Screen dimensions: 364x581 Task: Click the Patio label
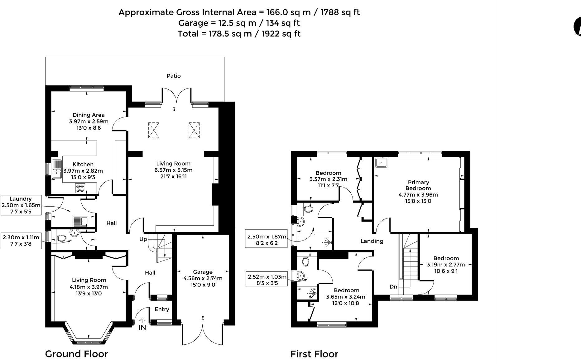pos(174,76)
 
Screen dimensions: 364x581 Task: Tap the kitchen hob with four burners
pos(80,188)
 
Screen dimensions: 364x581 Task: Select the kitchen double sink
pos(57,169)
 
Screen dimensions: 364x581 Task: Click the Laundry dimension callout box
pos(21,205)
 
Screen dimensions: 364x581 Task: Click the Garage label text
pos(203,272)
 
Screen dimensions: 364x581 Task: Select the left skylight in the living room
pos(153,130)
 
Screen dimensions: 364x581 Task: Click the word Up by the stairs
pos(143,239)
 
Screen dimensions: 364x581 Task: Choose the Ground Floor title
pos(76,354)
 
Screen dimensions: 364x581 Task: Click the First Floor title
pos(314,354)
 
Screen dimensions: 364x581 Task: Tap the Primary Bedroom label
pos(418,185)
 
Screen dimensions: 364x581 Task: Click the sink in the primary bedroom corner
pos(381,162)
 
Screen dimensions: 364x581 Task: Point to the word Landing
pos(372,241)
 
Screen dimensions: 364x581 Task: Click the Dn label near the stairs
pos(393,286)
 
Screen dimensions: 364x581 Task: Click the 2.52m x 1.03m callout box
pos(267,280)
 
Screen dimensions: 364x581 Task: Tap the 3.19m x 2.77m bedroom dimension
pos(446,265)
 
